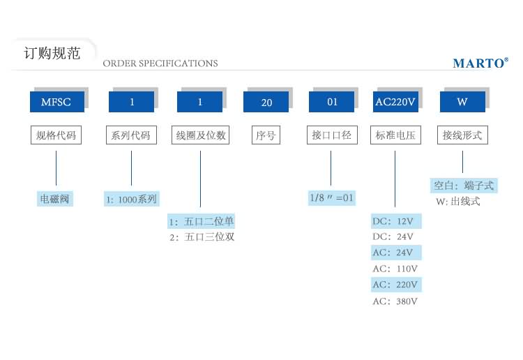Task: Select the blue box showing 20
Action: [x=266, y=102]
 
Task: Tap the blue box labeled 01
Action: [x=332, y=102]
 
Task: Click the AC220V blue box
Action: [x=395, y=102]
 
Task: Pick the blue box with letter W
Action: [x=462, y=102]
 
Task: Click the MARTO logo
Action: [x=480, y=63]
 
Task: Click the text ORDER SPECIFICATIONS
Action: [x=160, y=63]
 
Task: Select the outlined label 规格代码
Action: [x=56, y=135]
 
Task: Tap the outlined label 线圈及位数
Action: [x=200, y=135]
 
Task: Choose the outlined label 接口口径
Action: [x=331, y=135]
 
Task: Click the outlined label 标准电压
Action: [x=395, y=135]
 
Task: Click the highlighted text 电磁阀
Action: [x=56, y=199]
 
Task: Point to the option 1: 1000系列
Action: [x=132, y=200]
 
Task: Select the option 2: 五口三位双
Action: [x=202, y=237]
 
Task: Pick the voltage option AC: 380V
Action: [x=395, y=301]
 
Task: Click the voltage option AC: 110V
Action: [x=395, y=269]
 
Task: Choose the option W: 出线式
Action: [x=459, y=202]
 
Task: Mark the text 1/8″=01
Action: [x=333, y=198]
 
